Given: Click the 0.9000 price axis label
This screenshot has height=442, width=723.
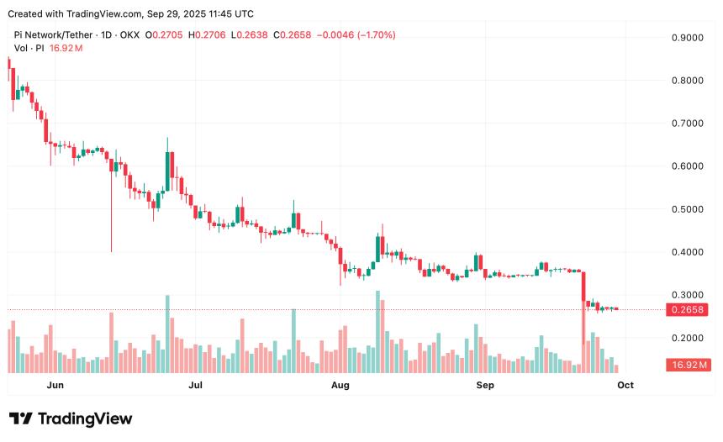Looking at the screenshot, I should pos(687,38).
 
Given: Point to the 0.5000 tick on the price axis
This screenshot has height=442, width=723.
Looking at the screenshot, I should pos(687,209).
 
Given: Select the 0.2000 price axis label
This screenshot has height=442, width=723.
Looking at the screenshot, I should pos(687,338).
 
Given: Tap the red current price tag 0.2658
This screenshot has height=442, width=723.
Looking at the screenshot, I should pos(687,309).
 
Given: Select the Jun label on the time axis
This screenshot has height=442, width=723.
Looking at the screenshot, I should pos(55,385).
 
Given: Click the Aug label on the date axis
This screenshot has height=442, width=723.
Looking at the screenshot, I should pos(340,385).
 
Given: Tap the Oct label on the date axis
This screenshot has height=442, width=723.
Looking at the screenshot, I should pos(625,385).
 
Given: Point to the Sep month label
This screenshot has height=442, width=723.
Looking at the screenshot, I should pos(485,385).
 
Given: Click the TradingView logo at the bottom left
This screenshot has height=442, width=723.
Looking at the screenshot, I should pos(71,418).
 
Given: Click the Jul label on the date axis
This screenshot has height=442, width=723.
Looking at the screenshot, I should pos(196,385).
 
